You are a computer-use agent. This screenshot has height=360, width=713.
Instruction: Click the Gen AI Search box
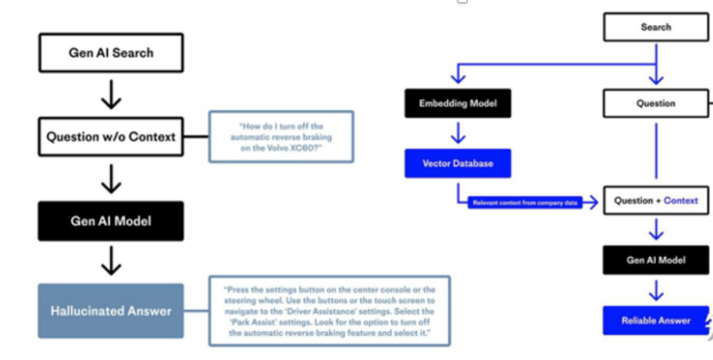(x=111, y=53)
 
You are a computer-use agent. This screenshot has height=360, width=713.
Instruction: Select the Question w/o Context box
(x=111, y=137)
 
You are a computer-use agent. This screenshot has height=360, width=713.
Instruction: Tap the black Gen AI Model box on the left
(x=111, y=221)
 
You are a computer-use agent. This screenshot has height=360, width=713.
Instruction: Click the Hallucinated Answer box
(x=111, y=311)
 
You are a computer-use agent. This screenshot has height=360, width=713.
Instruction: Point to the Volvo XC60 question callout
(x=281, y=137)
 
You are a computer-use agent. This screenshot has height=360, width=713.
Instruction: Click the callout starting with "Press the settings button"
(x=329, y=311)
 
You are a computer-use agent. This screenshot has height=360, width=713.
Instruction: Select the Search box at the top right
(x=656, y=28)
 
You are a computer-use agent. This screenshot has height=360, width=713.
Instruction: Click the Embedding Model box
(x=458, y=104)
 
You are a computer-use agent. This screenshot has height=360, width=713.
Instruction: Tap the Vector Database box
(x=458, y=163)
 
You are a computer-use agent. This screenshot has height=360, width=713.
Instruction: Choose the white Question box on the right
(x=656, y=104)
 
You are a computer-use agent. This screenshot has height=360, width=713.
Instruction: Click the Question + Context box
(x=656, y=201)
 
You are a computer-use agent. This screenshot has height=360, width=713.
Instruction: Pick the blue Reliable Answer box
(x=656, y=320)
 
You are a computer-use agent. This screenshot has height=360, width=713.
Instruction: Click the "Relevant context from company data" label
(x=526, y=203)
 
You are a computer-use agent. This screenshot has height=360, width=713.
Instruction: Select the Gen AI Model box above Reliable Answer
(x=656, y=260)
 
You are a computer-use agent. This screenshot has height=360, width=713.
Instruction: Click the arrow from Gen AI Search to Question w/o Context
(x=111, y=95)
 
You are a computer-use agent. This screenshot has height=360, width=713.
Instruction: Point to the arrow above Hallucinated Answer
(x=111, y=262)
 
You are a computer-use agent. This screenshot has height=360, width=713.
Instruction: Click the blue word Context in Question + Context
(x=681, y=201)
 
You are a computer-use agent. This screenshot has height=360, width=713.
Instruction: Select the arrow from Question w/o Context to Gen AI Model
(x=111, y=178)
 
